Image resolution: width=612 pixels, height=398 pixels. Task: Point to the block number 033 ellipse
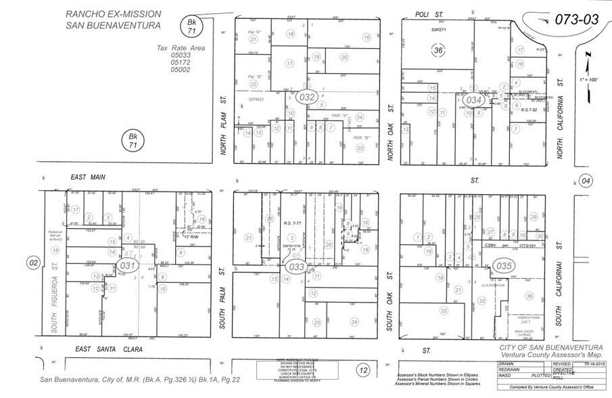click(296, 267)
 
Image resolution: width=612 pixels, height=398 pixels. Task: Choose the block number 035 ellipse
click(502, 266)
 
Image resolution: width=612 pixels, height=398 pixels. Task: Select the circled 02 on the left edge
click(31, 262)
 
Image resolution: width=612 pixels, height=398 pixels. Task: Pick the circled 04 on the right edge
click(585, 181)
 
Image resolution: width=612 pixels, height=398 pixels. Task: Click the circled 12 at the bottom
click(364, 370)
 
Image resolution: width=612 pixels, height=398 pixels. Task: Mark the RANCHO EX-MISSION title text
click(113, 14)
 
